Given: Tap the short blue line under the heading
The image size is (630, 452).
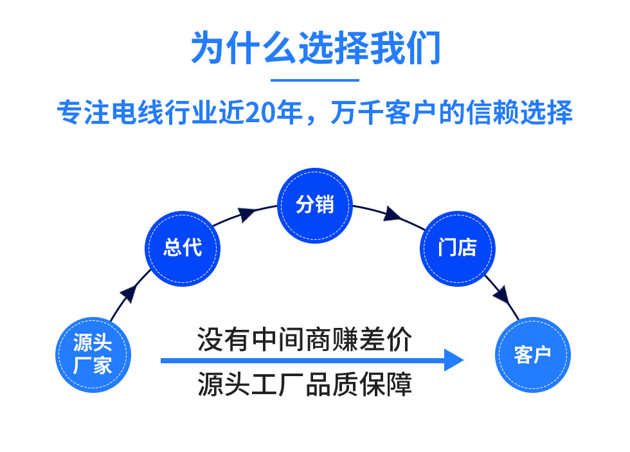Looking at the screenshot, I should point(314,80).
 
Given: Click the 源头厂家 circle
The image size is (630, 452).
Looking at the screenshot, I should point(93,354).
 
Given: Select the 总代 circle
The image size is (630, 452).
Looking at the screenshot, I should point(183,248).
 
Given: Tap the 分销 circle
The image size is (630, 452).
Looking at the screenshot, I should point(315,205).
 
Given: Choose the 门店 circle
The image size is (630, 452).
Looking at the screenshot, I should point(457,248).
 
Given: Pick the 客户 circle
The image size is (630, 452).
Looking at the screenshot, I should point(532,354).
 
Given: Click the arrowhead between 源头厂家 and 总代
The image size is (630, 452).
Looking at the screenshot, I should point(128,293).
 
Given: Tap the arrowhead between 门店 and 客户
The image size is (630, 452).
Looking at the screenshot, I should point(502,296).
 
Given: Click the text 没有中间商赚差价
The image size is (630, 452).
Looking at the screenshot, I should point(304,339).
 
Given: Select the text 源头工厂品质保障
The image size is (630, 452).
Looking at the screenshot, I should point(304,384).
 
